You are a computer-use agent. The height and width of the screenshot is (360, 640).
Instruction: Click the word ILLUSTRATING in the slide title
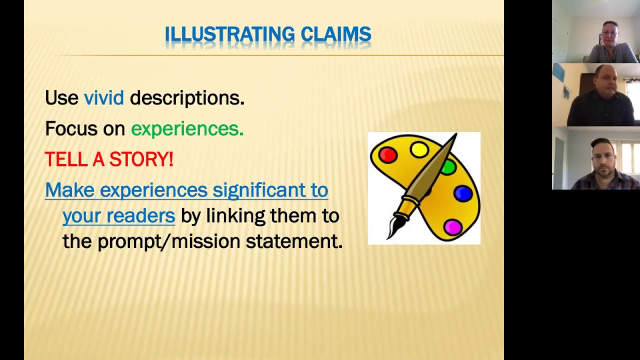(x=230, y=34)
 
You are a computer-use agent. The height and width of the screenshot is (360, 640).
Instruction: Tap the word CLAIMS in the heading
(x=336, y=34)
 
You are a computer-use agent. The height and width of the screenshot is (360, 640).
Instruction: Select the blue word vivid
(x=103, y=98)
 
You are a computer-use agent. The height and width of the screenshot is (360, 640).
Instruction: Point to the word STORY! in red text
(x=141, y=159)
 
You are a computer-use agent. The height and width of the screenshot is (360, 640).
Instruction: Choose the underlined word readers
(x=148, y=216)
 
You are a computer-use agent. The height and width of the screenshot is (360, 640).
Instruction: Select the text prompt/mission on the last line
(x=168, y=241)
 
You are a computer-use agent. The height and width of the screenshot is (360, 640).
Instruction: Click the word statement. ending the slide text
(x=294, y=241)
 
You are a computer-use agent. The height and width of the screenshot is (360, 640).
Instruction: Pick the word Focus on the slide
(x=71, y=129)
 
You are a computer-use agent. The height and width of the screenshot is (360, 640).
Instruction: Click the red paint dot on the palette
(x=387, y=155)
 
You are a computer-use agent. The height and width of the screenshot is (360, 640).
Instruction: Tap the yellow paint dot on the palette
(x=419, y=149)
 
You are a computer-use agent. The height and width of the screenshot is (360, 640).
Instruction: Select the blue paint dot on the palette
(x=463, y=193)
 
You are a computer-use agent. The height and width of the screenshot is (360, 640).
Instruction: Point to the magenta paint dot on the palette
(x=452, y=227)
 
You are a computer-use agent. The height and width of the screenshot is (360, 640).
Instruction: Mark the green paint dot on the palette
(x=448, y=167)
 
